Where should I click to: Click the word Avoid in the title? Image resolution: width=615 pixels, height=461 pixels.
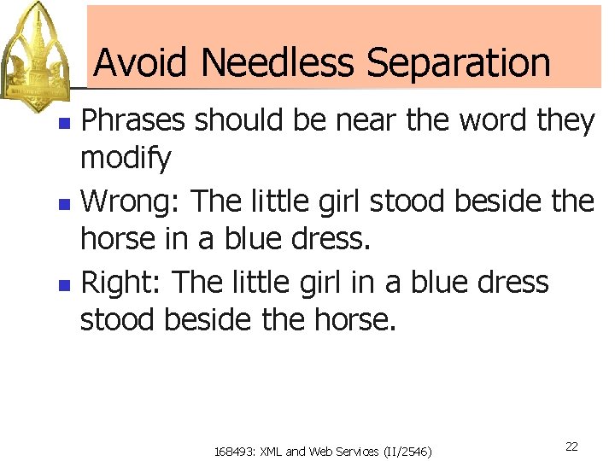tap(141, 62)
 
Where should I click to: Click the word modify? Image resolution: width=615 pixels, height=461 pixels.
tap(126, 158)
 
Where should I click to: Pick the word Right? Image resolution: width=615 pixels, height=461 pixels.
tap(122, 282)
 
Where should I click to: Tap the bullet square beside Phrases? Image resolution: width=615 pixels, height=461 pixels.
tap(63, 124)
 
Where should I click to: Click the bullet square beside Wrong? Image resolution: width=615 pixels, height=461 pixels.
tap(63, 205)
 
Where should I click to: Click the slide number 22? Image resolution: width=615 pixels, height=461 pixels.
tap(571, 446)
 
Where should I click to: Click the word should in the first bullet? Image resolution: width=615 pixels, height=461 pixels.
tap(238, 121)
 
